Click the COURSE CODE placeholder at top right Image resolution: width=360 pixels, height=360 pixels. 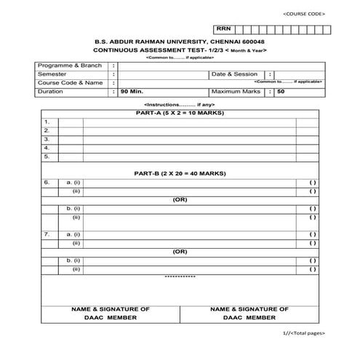[x=304, y=14]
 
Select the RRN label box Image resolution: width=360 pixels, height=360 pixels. [x=223, y=28]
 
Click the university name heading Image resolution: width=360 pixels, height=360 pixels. [x=180, y=42]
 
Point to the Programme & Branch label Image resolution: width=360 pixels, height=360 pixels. [x=69, y=65]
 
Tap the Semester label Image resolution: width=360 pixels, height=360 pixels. [x=52, y=74]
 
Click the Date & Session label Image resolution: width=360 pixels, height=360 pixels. [x=234, y=74]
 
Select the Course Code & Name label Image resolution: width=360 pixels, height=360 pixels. [x=71, y=83]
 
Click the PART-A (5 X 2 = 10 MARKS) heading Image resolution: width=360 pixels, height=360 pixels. [x=180, y=113]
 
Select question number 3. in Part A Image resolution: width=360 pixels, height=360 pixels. [x=47, y=138]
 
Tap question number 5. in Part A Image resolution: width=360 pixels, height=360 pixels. [x=47, y=156]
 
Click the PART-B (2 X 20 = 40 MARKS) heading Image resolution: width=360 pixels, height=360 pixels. [x=180, y=174]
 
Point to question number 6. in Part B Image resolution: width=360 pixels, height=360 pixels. [x=47, y=182]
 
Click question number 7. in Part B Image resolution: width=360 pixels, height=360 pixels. [x=47, y=234]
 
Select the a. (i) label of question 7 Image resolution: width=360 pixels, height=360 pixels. [x=73, y=234]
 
